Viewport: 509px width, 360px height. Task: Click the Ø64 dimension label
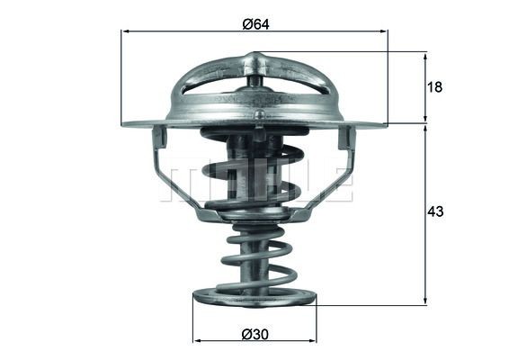click(254, 23)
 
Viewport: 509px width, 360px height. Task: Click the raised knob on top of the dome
click(255, 60)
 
